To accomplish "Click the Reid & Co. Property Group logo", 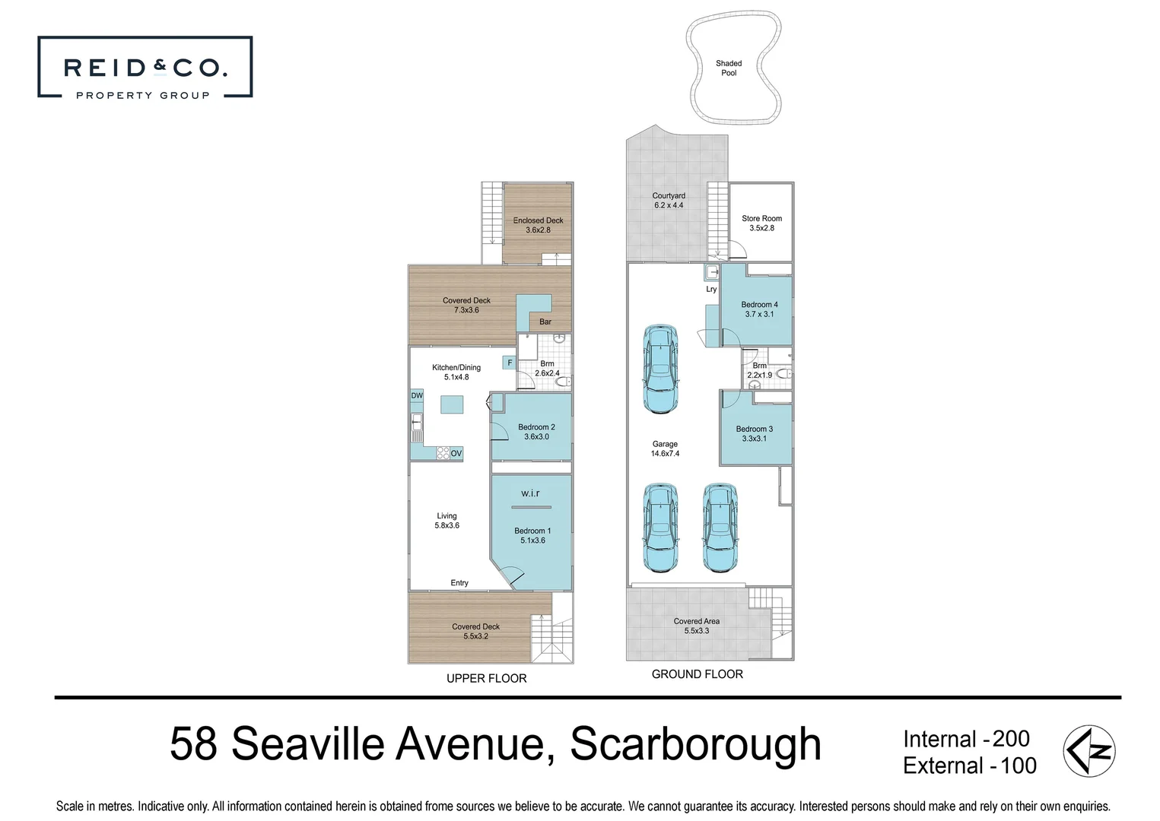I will click(145, 67).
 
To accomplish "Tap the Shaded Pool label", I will click(729, 68).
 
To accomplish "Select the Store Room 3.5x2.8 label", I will click(761, 223).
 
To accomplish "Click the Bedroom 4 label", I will click(759, 309).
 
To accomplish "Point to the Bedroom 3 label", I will click(754, 433).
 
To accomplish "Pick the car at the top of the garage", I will click(660, 369).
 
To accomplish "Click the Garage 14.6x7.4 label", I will click(665, 449).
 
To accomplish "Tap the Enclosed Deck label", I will click(538, 225).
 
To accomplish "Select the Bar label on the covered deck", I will click(545, 322).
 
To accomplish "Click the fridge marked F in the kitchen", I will click(510, 363).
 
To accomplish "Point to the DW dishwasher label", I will click(417, 396).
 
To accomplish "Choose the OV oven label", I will click(456, 454).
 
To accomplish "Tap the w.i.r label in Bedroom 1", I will click(530, 493).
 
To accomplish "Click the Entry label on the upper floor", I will click(459, 583).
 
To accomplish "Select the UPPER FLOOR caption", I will click(486, 678).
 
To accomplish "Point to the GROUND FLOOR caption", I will click(697, 674).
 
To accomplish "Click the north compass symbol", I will click(1089, 751).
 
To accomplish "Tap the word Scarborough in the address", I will click(696, 744).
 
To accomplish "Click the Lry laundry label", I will click(711, 289).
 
